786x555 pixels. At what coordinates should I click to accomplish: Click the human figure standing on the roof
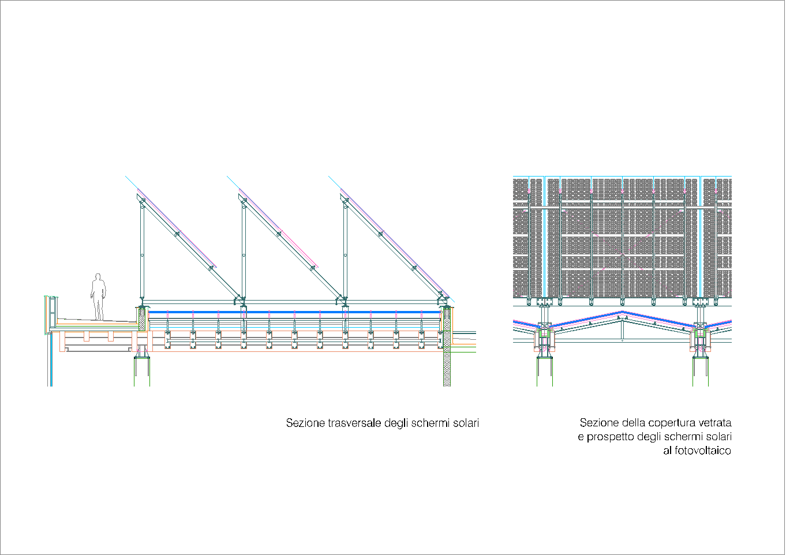click(x=98, y=297)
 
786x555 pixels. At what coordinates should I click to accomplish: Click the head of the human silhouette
click(x=98, y=276)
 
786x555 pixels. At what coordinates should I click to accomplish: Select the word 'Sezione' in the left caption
click(x=305, y=423)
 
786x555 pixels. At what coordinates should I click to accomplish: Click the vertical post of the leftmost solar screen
click(x=142, y=251)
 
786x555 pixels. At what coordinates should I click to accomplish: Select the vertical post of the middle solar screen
click(x=244, y=251)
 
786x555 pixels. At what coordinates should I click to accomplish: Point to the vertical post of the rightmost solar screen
click(x=346, y=251)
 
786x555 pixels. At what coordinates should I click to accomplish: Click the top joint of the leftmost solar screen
click(x=142, y=201)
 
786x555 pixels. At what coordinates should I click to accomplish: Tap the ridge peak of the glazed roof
click(x=622, y=312)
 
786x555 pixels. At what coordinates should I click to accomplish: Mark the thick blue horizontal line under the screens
click(x=295, y=312)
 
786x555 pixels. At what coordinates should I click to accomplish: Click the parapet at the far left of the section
click(x=51, y=313)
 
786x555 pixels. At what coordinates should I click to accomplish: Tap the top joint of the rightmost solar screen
click(x=345, y=201)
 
